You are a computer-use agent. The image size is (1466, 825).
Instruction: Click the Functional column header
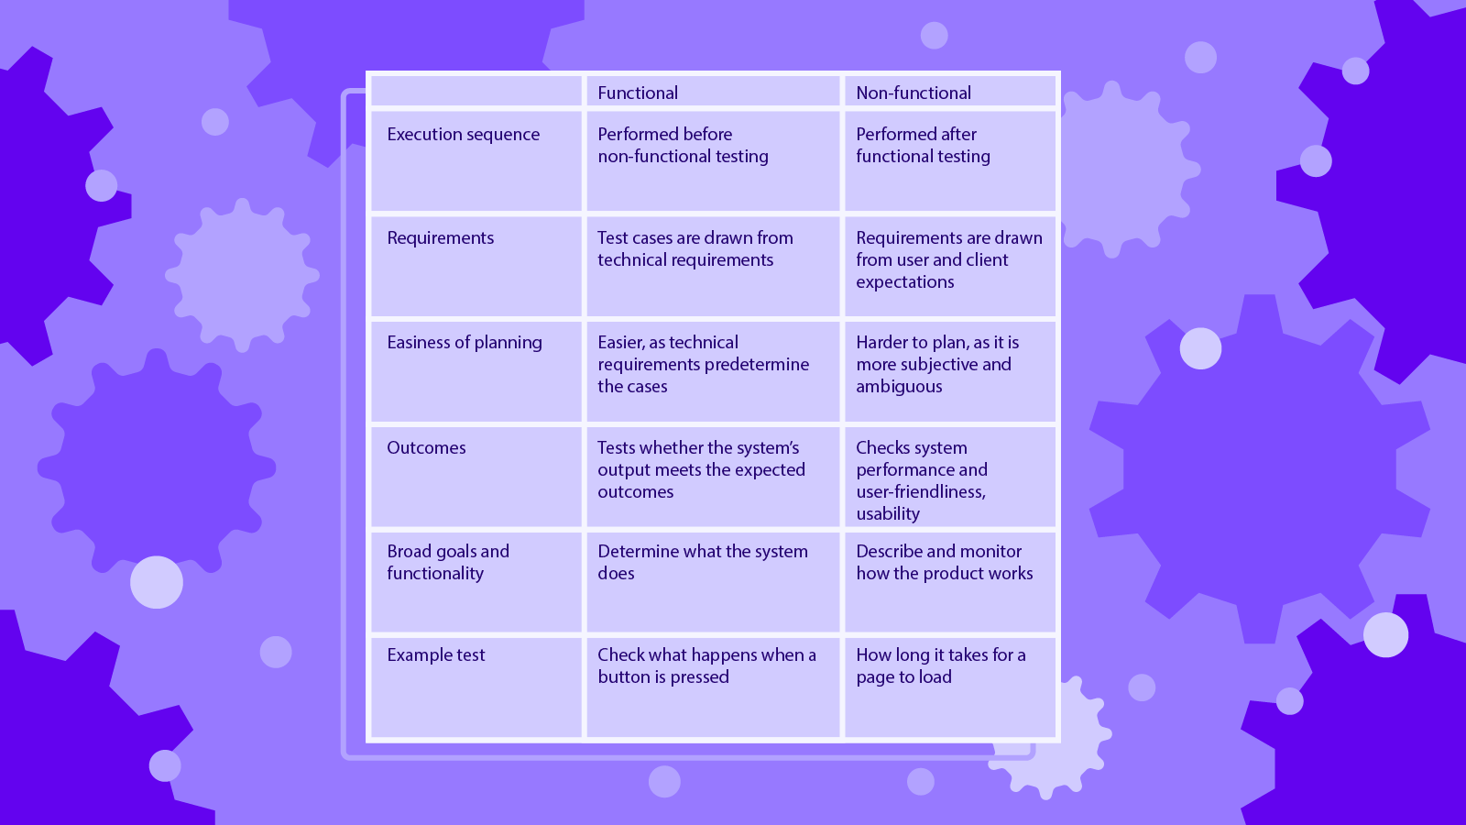coord(638,93)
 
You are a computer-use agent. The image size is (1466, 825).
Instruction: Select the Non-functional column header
coord(914,93)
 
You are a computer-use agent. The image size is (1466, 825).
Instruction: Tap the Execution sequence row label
coord(464,135)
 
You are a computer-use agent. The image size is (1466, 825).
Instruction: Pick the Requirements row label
coord(441,238)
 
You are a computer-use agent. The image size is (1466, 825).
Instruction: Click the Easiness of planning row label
coord(465,343)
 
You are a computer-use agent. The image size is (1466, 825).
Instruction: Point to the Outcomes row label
coord(427,448)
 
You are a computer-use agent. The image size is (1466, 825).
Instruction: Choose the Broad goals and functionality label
coord(448,562)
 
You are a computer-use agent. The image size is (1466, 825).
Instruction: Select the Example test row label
coord(436,655)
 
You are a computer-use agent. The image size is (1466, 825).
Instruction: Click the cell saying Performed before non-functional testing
coord(684,146)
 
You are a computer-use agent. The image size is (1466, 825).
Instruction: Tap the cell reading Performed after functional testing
coord(924,146)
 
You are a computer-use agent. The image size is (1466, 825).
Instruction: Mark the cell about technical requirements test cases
coord(695,249)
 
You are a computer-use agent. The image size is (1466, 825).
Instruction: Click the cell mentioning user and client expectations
coord(949,260)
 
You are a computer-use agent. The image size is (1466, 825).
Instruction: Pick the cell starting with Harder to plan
coord(937,364)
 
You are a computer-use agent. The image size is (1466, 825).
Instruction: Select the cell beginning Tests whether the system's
coord(702,469)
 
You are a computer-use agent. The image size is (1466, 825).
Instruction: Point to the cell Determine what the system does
coord(703,562)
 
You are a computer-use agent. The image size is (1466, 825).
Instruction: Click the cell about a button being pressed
coord(706,666)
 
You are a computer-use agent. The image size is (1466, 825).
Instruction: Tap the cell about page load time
coord(941,666)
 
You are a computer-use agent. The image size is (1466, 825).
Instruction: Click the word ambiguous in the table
coord(899,387)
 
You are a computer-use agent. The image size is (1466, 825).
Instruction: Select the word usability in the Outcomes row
coord(888,514)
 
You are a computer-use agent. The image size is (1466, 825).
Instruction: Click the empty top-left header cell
coord(476,92)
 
